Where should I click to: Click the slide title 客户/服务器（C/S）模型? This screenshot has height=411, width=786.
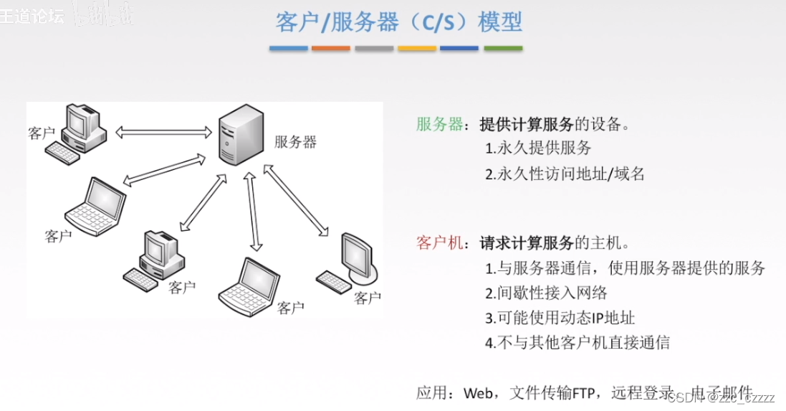pyautogui.click(x=398, y=22)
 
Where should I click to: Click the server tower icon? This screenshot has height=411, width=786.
pyautogui.click(x=239, y=135)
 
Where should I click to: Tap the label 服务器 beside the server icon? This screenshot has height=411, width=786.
pyautogui.click(x=295, y=142)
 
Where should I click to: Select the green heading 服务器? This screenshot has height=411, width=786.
pyautogui.click(x=440, y=124)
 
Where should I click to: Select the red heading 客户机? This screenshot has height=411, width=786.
pyautogui.click(x=440, y=242)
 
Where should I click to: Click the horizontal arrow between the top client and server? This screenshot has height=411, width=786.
pyautogui.click(x=164, y=132)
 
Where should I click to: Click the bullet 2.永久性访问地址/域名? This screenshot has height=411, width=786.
pyautogui.click(x=565, y=174)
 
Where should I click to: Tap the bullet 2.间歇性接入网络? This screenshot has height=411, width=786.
pyautogui.click(x=546, y=293)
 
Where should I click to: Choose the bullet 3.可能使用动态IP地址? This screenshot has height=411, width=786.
pyautogui.click(x=560, y=318)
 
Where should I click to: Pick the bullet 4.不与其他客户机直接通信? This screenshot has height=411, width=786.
pyautogui.click(x=577, y=342)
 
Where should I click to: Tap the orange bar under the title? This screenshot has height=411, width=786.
pyautogui.click(x=331, y=49)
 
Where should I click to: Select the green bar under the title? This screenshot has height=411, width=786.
pyautogui.click(x=503, y=49)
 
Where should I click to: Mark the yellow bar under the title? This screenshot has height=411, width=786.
pyautogui.click(x=417, y=49)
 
